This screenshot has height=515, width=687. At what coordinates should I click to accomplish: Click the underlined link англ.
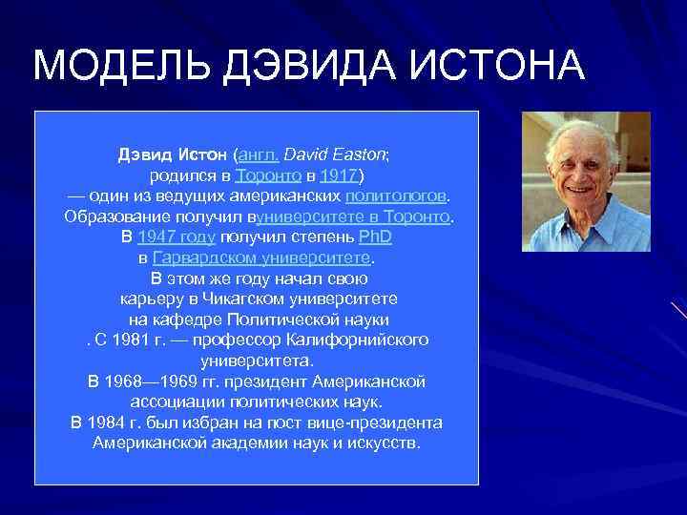(259, 154)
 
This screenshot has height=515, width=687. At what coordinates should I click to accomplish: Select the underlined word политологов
(395, 196)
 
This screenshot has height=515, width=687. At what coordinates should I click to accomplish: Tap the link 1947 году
(177, 237)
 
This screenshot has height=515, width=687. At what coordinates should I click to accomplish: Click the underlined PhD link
(375, 237)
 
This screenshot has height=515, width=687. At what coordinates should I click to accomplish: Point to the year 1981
(148, 340)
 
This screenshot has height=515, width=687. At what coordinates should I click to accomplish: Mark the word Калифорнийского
(364, 340)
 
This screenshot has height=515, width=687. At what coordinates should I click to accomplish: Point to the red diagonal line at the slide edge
(677, 312)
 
